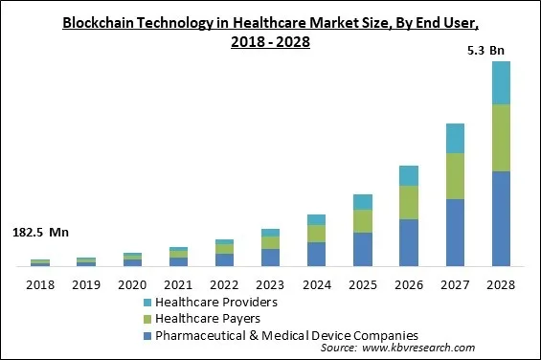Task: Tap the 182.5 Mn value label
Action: click(x=40, y=233)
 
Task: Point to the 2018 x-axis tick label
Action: click(x=40, y=284)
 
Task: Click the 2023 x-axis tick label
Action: click(x=270, y=284)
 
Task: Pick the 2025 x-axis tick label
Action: click(x=362, y=284)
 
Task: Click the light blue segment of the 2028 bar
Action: click(x=501, y=82)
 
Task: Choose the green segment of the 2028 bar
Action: click(x=501, y=138)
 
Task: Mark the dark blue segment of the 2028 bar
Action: click(x=501, y=218)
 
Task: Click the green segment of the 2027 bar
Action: click(x=455, y=176)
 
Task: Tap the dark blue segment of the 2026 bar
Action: click(x=409, y=242)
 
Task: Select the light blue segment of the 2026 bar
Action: click(x=409, y=175)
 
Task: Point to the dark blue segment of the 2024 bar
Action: click(x=316, y=254)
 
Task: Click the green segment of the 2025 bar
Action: click(x=362, y=221)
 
